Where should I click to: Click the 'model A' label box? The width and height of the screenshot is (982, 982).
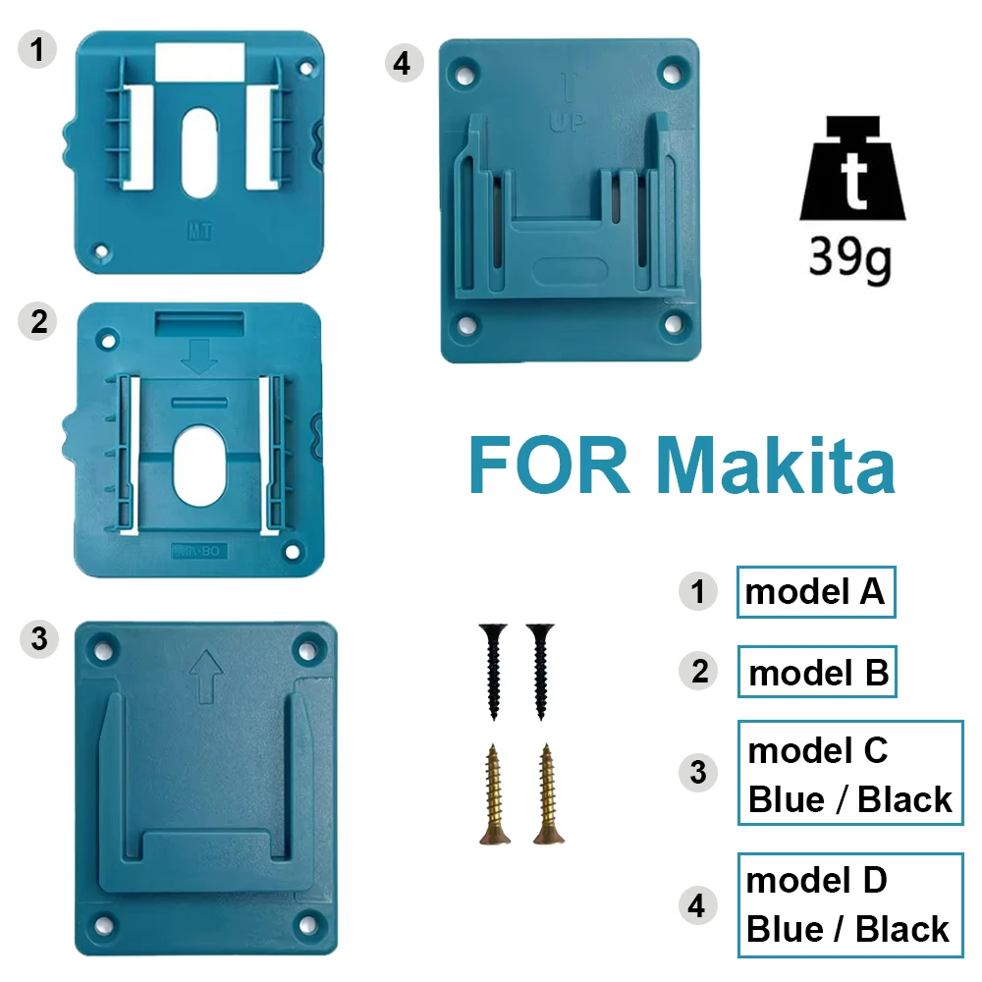816,591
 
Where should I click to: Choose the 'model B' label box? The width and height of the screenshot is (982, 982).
817,673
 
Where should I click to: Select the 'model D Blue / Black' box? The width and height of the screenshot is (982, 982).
850,905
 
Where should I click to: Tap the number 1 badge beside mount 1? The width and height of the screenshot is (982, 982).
37,49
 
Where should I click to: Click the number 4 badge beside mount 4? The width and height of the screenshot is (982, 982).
401,62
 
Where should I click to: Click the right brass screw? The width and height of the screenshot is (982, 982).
547,795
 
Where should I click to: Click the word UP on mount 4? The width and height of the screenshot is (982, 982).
565,124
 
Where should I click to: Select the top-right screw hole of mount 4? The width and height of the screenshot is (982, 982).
673,72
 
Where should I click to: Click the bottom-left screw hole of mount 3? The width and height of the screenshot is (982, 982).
100,923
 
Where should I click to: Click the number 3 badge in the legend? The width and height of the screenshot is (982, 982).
697,772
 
